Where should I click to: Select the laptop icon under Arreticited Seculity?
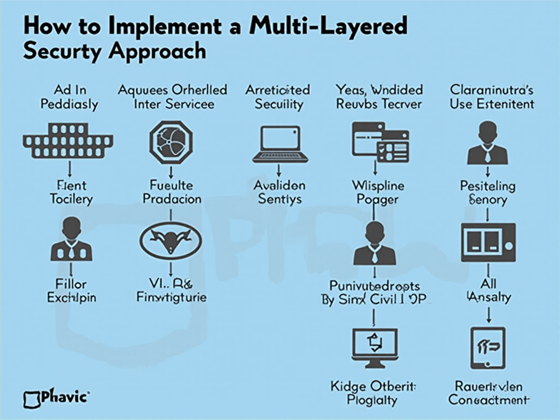click(280, 144)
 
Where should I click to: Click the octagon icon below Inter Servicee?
click(171, 141)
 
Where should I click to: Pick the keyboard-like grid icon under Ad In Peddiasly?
click(68, 139)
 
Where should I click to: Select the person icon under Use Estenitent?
click(487, 143)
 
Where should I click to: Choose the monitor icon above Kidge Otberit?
click(375, 347)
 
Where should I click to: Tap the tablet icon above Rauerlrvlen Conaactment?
click(487, 347)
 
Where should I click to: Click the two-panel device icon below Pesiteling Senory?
click(488, 242)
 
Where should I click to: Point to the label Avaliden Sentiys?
click(279, 192)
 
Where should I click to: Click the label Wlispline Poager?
click(377, 192)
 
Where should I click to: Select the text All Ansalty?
click(488, 290)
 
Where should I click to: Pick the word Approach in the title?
click(157, 51)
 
